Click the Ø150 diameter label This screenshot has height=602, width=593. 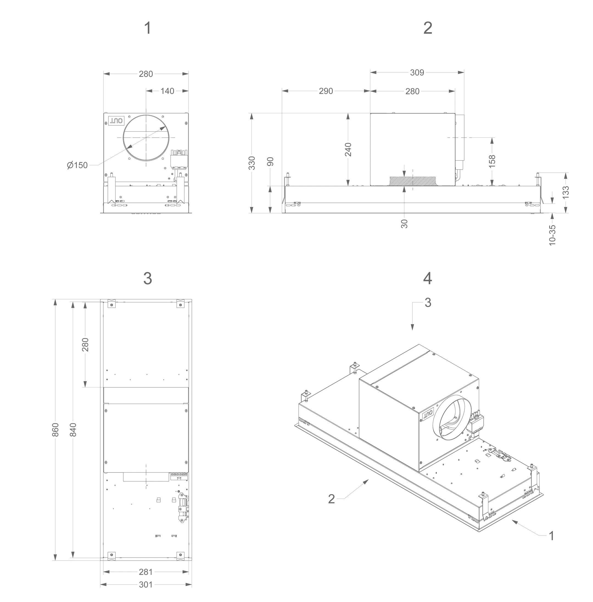pyautogui.click(x=77, y=165)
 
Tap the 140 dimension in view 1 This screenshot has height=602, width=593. pyautogui.click(x=167, y=91)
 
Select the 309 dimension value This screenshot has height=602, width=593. pyautogui.click(x=417, y=72)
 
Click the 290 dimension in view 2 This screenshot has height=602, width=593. pyautogui.click(x=326, y=91)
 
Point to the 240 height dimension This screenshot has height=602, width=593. pyautogui.click(x=348, y=150)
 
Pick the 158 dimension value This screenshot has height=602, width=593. pyautogui.click(x=492, y=162)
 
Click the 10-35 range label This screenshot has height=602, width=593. pyautogui.click(x=552, y=235)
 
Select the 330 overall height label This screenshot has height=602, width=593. pyautogui.click(x=252, y=163)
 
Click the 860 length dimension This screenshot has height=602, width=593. pyautogui.click(x=55, y=430)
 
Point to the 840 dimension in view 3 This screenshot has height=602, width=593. pyautogui.click(x=73, y=430)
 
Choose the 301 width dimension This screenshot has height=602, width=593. pyautogui.click(x=146, y=584)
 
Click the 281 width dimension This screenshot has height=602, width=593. pyautogui.click(x=146, y=572)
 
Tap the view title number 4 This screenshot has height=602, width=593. pyautogui.click(x=428, y=279)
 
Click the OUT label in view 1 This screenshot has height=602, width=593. pyautogui.click(x=116, y=120)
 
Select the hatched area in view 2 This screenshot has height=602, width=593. pyautogui.click(x=413, y=181)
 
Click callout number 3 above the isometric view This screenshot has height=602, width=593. pyautogui.click(x=428, y=303)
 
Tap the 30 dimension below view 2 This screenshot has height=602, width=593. pyautogui.click(x=404, y=224)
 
